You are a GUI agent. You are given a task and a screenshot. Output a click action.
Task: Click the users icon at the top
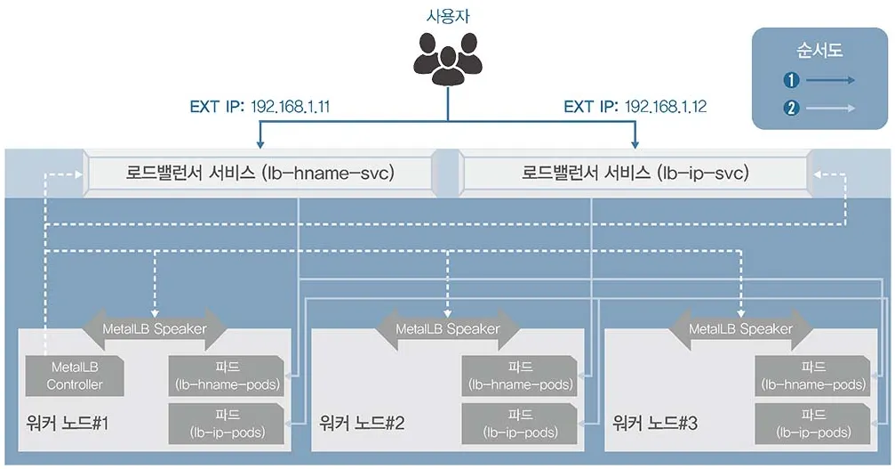pyautogui.click(x=447, y=56)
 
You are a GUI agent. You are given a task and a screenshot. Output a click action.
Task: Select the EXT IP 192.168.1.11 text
pyautogui.click(x=260, y=108)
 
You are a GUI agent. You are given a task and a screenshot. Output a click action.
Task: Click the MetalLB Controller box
pyautogui.click(x=75, y=376)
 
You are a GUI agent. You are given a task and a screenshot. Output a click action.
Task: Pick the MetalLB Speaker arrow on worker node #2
pyautogui.click(x=447, y=329)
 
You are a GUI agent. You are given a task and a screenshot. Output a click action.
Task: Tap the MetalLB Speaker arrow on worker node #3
pyautogui.click(x=740, y=329)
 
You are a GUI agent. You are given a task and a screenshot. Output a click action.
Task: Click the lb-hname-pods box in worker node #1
pyautogui.click(x=227, y=376)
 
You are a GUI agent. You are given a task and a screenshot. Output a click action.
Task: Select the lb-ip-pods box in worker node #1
pyautogui.click(x=227, y=423)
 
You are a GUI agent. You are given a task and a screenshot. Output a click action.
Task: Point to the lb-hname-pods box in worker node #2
pyautogui.click(x=519, y=376)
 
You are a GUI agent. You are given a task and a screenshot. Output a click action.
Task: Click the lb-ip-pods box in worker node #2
pyautogui.click(x=519, y=423)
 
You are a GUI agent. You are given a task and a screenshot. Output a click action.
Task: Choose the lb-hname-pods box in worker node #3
pyautogui.click(x=812, y=376)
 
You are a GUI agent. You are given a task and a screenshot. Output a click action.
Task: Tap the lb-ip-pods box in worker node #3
pyautogui.click(x=812, y=423)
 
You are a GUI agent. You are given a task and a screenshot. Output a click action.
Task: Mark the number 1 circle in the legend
pyautogui.click(x=791, y=80)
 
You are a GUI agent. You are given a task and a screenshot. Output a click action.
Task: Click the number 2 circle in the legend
pyautogui.click(x=791, y=109)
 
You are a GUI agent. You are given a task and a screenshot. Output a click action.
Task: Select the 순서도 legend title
pyautogui.click(x=820, y=50)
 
